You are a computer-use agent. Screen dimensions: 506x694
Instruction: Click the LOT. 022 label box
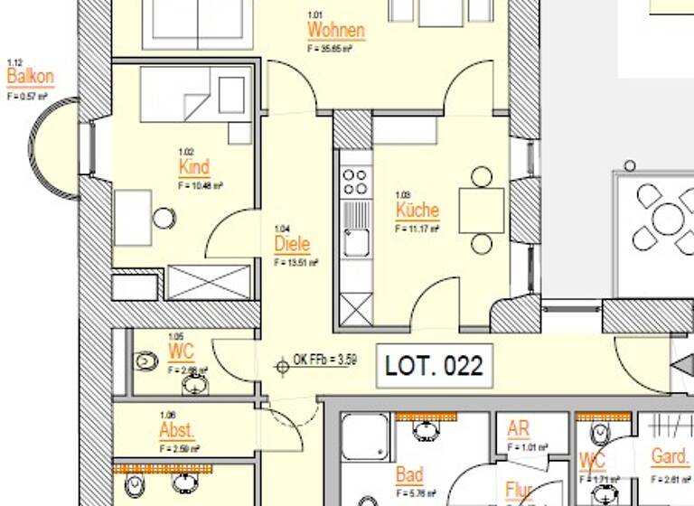[434, 366]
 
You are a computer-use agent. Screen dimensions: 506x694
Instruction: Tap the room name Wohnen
[336, 31]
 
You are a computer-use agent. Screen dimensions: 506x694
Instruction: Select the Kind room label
[194, 167]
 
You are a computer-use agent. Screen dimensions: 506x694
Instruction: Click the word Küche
[417, 211]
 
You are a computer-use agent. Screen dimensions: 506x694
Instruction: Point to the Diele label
[292, 244]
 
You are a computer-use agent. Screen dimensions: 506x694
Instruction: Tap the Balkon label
[30, 77]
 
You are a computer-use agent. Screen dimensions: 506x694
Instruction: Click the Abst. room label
[177, 429]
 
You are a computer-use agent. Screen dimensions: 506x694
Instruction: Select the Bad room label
[409, 475]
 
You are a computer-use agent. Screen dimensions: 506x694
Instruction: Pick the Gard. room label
[670, 457]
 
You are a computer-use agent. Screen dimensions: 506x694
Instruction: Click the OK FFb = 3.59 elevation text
[325, 360]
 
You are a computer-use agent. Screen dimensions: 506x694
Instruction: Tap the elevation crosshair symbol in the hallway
[281, 366]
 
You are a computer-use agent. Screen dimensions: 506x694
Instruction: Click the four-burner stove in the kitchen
[356, 181]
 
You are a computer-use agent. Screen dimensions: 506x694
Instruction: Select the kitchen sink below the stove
[357, 242]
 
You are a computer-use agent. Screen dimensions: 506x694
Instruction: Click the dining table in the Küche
[482, 211]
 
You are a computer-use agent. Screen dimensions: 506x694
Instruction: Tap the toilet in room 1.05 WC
[146, 361]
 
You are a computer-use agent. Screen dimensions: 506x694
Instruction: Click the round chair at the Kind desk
[164, 218]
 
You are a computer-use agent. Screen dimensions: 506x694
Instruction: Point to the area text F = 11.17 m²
[417, 230]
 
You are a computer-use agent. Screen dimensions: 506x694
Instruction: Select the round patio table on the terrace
[667, 218]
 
